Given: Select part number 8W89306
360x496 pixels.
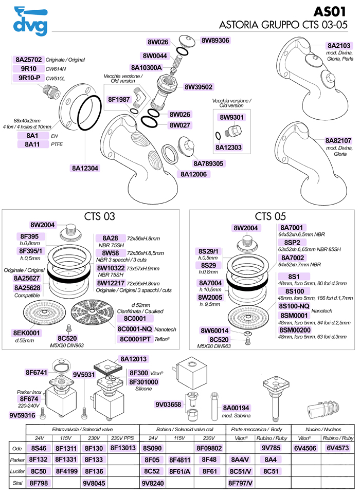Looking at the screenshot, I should (215, 40).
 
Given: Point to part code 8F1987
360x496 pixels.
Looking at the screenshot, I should (120, 100).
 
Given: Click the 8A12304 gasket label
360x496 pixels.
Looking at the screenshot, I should (85, 168).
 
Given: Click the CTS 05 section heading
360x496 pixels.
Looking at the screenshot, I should (270, 216).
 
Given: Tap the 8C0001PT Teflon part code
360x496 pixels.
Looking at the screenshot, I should (135, 339).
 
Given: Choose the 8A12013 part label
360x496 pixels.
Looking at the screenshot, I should (134, 359).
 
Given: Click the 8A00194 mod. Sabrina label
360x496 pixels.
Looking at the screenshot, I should (236, 407).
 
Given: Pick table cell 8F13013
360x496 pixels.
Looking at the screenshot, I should (123, 448).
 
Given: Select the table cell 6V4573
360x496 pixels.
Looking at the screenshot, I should (337, 448).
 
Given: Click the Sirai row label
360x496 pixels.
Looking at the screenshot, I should (16, 483).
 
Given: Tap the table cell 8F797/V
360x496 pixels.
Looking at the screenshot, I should (241, 483).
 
